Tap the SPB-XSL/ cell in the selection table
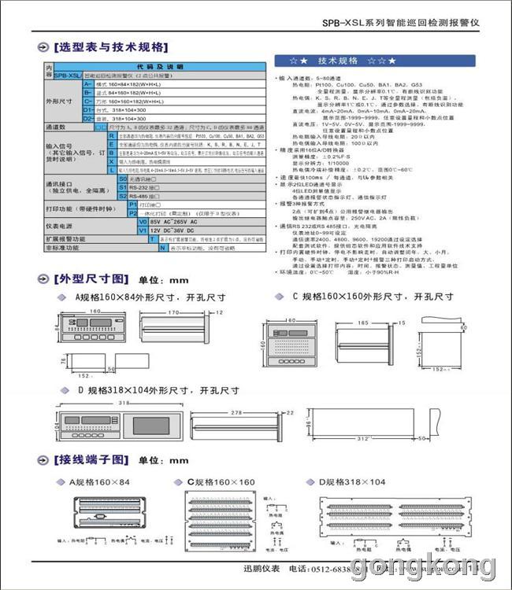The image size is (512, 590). pos(69,76)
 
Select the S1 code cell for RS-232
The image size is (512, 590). pos(122,188)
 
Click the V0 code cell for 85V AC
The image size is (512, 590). pos(143,222)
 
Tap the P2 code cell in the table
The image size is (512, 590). pos(132,213)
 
